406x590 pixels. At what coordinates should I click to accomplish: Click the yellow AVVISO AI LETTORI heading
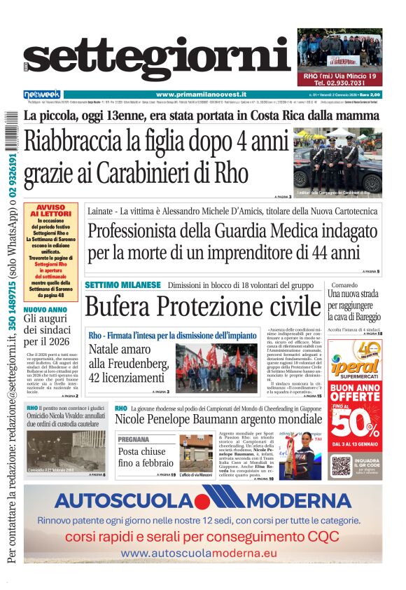coord(50,211)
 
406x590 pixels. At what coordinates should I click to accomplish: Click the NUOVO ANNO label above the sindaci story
coord(45,309)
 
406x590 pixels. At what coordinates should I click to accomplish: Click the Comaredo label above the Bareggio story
coord(346,286)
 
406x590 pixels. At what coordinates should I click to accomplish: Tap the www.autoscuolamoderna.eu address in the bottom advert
coord(199,554)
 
